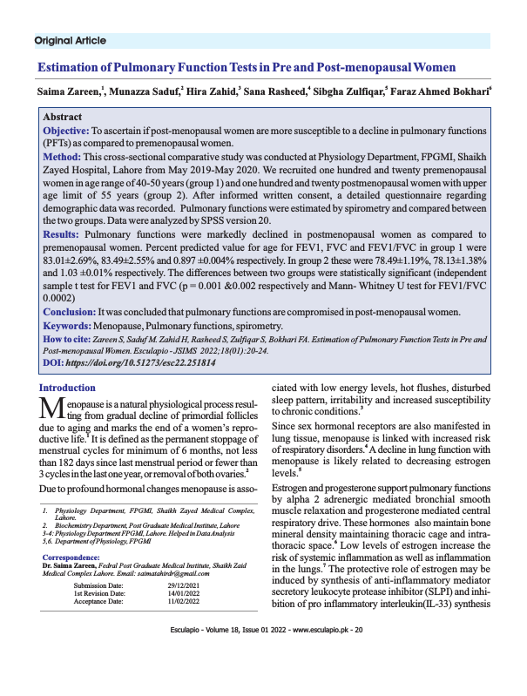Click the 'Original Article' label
point(70,40)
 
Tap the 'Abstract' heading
point(63,117)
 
